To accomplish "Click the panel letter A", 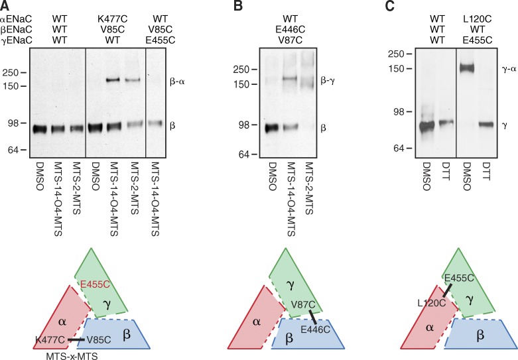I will [x=5, y=5].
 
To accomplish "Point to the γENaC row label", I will [x=16, y=37].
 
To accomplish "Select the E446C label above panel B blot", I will [x=283, y=27].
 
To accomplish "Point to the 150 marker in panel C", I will [x=397, y=69].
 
